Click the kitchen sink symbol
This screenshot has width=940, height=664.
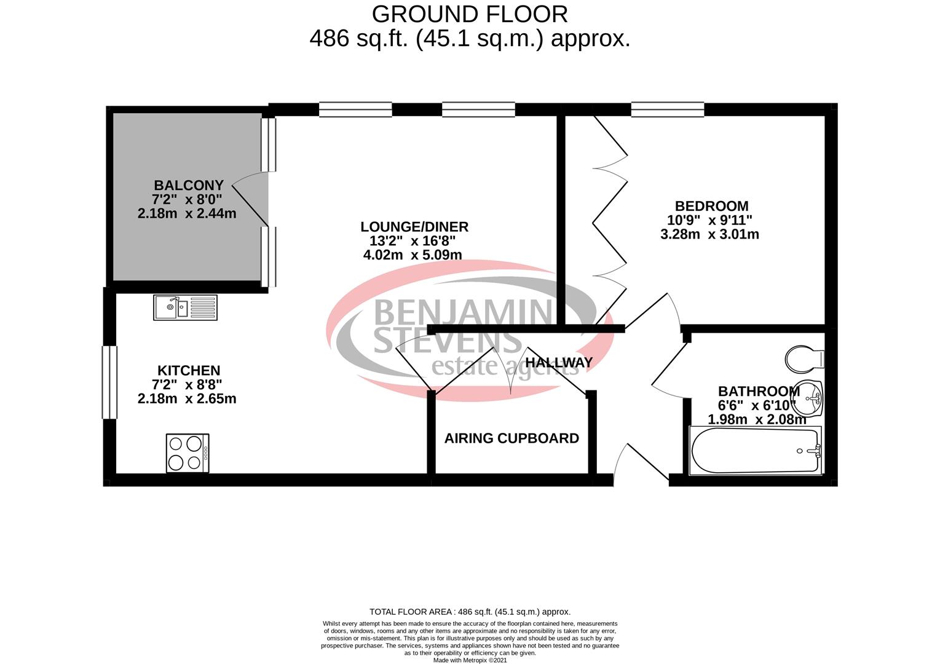coord(185,307)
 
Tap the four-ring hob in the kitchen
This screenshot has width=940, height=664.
coord(188,453)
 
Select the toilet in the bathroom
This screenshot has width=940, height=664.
coord(805,358)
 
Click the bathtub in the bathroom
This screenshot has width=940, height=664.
coord(756,451)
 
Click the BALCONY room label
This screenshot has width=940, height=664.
coord(188,185)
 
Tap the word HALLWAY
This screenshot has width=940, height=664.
coord(559,363)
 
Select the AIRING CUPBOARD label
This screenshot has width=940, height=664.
coord(511,438)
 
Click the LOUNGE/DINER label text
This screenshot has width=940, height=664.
coord(414,227)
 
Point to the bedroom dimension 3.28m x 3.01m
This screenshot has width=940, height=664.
coord(709,234)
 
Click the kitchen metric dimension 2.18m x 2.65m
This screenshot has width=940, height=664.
coord(187,398)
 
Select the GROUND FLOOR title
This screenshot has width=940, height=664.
coord(470,14)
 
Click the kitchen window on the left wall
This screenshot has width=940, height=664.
coord(109,382)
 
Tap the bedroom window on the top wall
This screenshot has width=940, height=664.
coord(667,109)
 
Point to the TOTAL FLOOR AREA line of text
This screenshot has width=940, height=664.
coord(470,612)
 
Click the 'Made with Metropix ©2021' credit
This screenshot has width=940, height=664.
coord(470,660)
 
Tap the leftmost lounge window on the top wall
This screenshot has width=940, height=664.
coord(355,109)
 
